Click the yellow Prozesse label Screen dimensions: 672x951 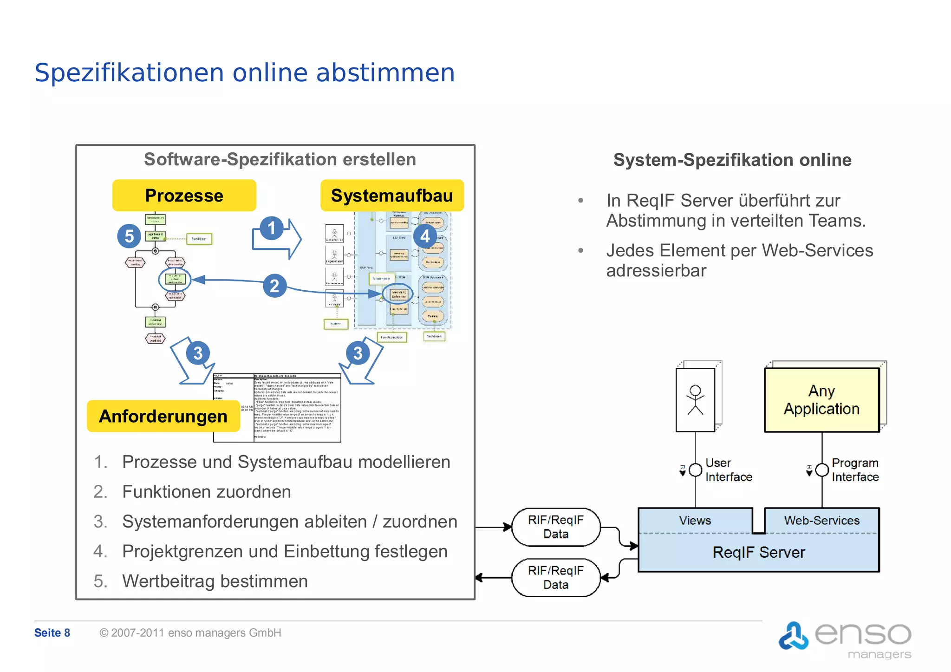(184, 196)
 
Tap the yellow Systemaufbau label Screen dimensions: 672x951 (392, 196)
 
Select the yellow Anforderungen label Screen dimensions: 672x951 (163, 416)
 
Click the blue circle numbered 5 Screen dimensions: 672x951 (129, 236)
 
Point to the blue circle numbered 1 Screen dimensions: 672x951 (272, 228)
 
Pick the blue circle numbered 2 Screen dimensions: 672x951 (274, 286)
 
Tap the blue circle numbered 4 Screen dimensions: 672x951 (425, 236)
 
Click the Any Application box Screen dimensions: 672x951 (821, 400)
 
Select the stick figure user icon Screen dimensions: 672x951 (695, 400)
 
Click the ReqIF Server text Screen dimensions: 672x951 (759, 552)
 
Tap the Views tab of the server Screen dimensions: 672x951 (695, 520)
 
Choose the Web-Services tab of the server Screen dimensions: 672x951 (821, 520)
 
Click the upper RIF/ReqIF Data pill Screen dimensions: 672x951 (555, 527)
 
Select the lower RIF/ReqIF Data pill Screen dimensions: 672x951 (555, 577)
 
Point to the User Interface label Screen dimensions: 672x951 (728, 470)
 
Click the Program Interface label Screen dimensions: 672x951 (855, 470)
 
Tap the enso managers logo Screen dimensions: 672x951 (845, 639)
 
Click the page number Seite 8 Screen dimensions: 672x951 (52, 633)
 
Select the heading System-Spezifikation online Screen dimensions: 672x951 (732, 160)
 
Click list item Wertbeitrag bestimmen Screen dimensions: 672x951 (215, 581)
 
